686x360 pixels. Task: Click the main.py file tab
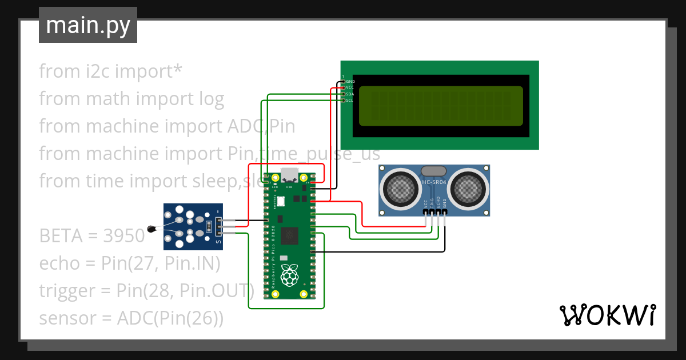pos(87,25)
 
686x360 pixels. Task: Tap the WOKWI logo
pos(607,315)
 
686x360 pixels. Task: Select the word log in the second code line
pos(211,99)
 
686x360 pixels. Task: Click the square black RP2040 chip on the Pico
pos(290,235)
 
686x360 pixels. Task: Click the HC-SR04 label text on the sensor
pos(434,183)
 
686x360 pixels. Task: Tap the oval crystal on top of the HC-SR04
pos(434,170)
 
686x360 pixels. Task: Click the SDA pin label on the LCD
pos(350,94)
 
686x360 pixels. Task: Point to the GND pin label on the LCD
pos(350,82)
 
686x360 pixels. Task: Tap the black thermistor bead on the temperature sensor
pos(151,229)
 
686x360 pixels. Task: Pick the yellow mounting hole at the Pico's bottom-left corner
pos(275,294)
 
